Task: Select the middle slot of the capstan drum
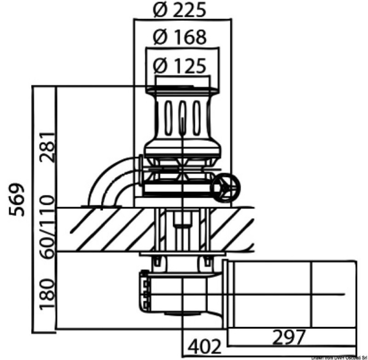[x=182, y=117]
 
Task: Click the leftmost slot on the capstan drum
[x=169, y=117]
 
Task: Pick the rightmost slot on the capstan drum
[x=196, y=117]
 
